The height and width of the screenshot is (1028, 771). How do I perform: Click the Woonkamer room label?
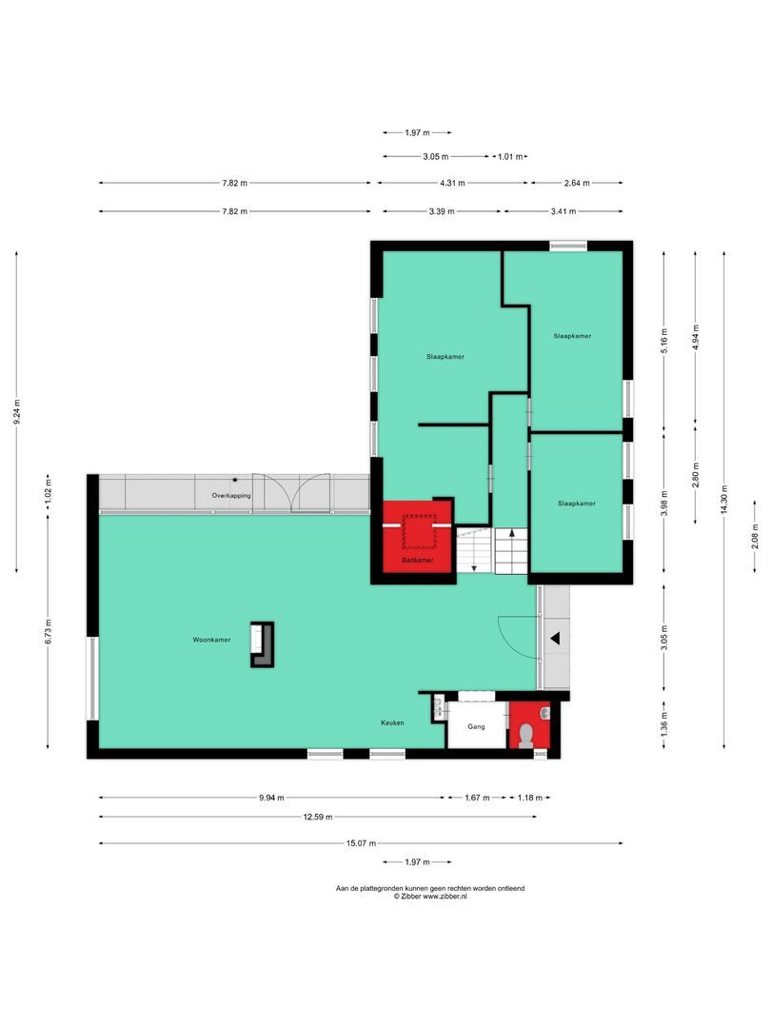[211, 641]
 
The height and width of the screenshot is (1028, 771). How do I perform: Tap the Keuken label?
[393, 722]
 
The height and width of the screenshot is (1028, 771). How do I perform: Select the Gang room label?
[477, 726]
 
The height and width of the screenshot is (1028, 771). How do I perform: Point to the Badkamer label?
[418, 561]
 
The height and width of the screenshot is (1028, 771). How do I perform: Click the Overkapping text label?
[231, 496]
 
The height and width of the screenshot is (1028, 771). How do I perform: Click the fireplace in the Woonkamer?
[262, 644]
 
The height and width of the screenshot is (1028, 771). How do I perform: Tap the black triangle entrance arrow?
[553, 640]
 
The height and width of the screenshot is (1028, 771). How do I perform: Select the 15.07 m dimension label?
[361, 843]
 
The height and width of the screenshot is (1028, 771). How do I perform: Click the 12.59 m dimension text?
[317, 817]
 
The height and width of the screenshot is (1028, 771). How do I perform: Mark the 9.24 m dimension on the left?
[16, 411]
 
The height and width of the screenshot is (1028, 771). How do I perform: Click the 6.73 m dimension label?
[47, 631]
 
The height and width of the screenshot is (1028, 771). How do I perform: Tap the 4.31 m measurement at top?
[452, 183]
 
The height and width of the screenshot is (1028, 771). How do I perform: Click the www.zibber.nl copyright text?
[429, 896]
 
